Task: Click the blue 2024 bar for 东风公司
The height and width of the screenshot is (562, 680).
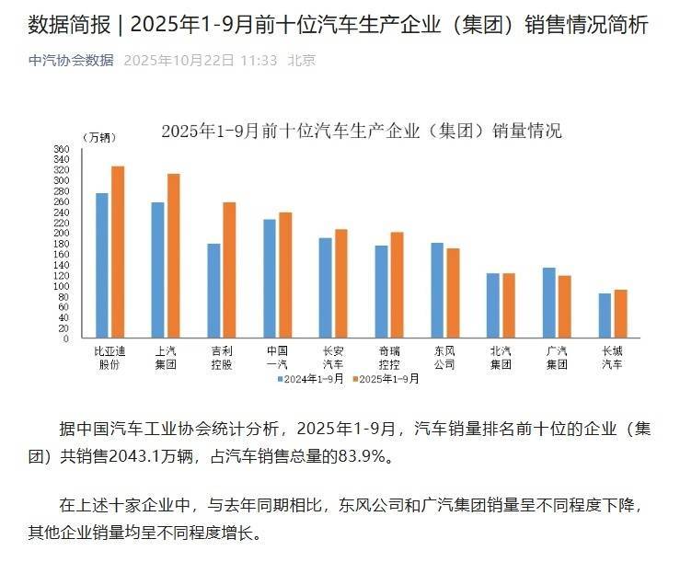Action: pyautogui.click(x=437, y=290)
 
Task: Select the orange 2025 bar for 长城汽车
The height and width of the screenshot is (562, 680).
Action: pyautogui.click(x=621, y=314)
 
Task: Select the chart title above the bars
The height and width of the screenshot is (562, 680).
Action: pyautogui.click(x=361, y=131)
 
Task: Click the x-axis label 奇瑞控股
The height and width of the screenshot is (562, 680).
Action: pyautogui.click(x=389, y=358)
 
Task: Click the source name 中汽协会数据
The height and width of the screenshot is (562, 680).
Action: pyautogui.click(x=72, y=60)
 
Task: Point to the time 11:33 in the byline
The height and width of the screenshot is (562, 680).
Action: pyautogui.click(x=260, y=60)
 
